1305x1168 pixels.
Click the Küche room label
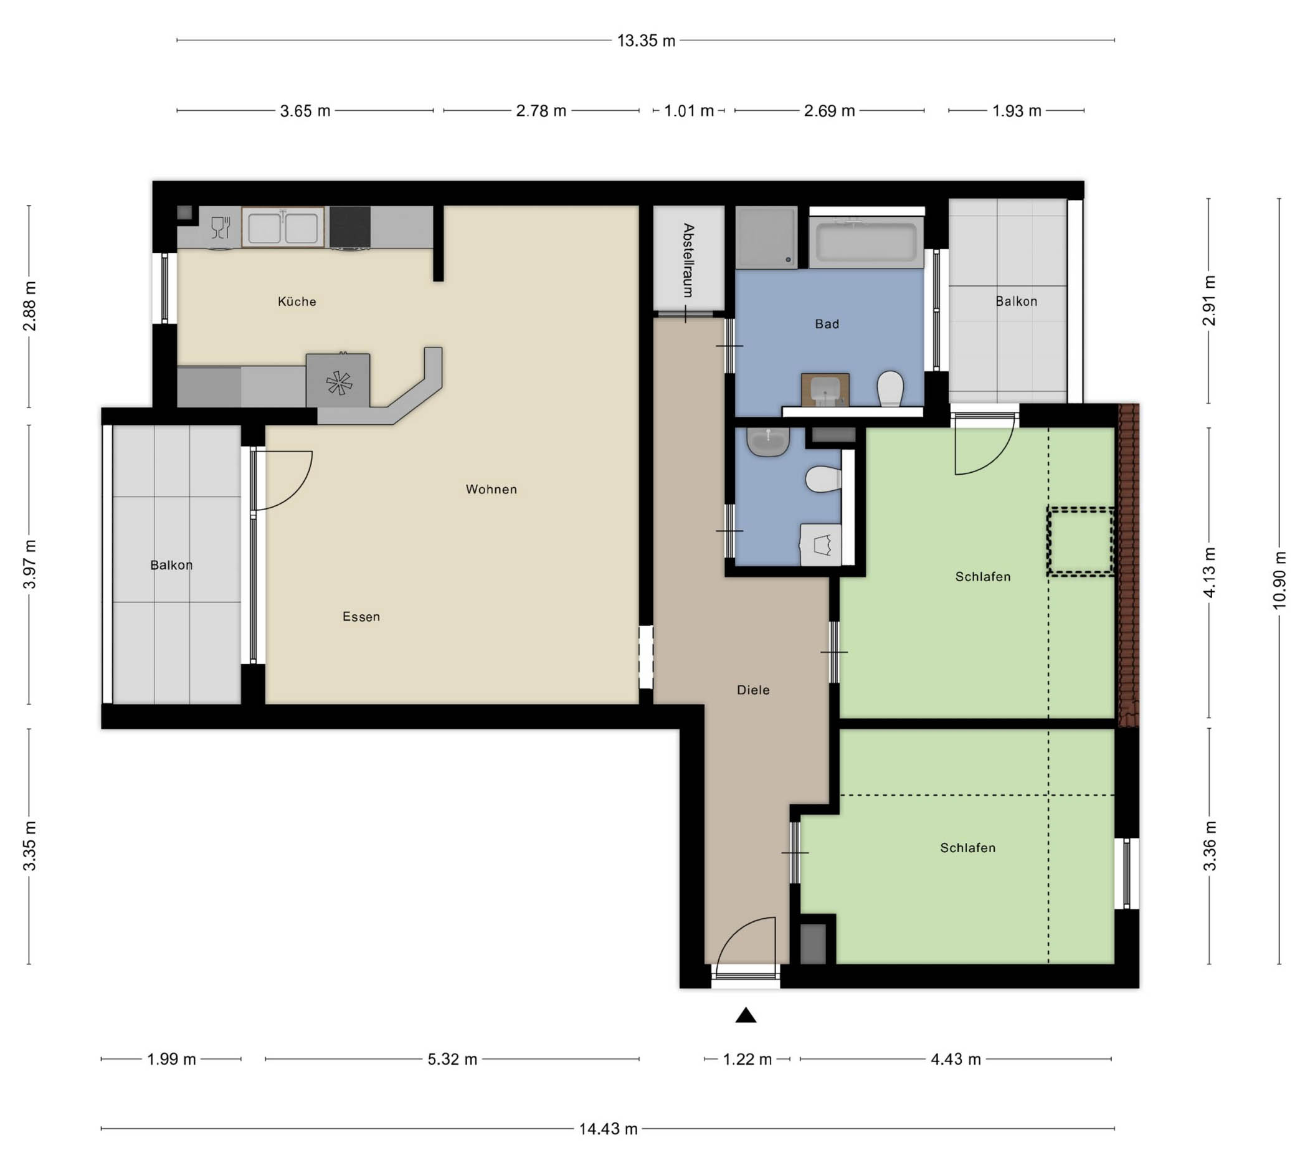coord(297,301)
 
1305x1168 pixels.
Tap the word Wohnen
coord(491,489)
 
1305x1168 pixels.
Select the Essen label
coord(361,617)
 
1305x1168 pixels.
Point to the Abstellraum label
coord(688,260)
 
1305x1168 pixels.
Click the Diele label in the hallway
coord(752,690)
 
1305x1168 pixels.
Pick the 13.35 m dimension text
coord(646,41)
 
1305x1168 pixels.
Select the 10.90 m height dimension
coord(1279,581)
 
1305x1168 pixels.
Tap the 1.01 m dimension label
coord(688,111)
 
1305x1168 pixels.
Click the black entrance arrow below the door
coord(746,1015)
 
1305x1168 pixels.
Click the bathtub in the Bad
coord(866,242)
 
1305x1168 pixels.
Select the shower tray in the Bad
coord(766,237)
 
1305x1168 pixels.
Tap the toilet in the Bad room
coord(890,388)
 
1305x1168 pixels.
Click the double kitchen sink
coord(283,227)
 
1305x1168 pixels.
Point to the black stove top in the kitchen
coord(349,227)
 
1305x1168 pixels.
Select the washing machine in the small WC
coord(820,545)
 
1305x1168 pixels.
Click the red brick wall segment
coord(1129,565)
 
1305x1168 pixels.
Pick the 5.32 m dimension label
coord(452,1059)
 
